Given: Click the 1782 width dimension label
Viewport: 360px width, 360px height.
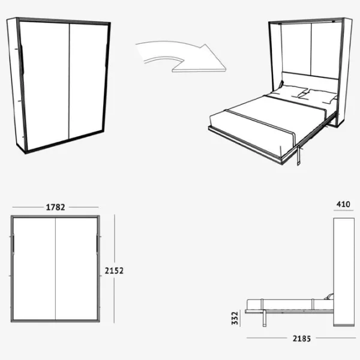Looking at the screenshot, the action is (x=55, y=208).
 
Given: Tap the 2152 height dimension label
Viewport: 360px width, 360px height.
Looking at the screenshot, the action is (x=114, y=271).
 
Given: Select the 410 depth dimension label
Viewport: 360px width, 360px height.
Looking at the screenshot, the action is (x=343, y=205).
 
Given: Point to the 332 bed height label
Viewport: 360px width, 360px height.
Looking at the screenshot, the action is (x=235, y=318).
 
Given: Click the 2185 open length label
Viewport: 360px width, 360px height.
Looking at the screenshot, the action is (x=302, y=338).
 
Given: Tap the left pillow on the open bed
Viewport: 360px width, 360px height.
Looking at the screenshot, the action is (x=288, y=91).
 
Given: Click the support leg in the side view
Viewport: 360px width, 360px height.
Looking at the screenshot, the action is (x=265, y=318).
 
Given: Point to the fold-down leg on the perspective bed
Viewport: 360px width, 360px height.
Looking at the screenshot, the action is (x=299, y=155).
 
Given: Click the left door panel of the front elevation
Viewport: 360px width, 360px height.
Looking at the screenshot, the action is (x=34, y=269).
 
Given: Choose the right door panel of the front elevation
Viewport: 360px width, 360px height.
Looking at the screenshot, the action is (x=76, y=269).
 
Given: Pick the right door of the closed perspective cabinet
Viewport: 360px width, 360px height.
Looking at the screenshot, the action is (x=88, y=80).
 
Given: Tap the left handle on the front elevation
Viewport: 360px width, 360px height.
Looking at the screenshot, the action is (x=14, y=244).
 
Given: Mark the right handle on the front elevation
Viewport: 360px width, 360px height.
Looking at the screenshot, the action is (x=97, y=244).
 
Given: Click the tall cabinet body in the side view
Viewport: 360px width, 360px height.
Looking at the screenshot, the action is (x=344, y=272).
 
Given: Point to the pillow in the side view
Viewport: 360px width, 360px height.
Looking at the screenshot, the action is (x=329, y=296).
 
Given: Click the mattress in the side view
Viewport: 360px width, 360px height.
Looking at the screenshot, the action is (x=290, y=304).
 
